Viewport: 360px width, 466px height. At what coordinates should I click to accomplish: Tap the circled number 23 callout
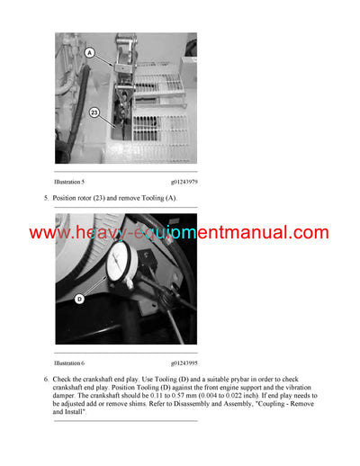pyautogui.click(x=94, y=112)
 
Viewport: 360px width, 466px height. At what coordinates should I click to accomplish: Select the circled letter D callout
pyautogui.click(x=79, y=299)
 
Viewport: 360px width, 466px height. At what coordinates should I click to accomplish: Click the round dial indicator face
pyautogui.click(x=117, y=266)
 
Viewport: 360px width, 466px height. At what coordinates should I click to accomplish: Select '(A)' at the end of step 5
pyautogui.click(x=171, y=198)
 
